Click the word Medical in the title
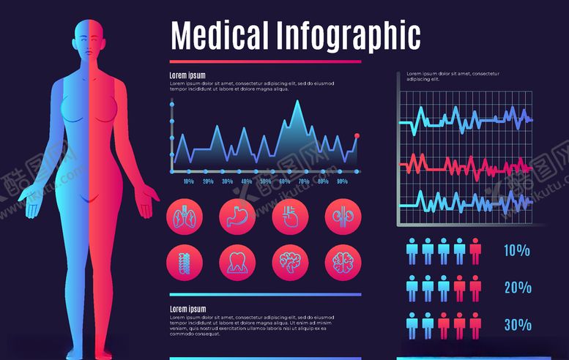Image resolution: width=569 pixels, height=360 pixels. (x=220, y=34)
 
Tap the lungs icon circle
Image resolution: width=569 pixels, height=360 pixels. (x=185, y=217)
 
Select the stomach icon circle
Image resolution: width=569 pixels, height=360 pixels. (x=237, y=217)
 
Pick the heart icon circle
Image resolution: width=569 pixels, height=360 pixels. (x=290, y=217)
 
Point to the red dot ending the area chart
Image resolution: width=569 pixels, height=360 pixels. (x=357, y=135)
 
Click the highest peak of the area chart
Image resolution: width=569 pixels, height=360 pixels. (x=297, y=102)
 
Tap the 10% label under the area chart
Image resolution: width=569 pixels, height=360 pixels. (x=188, y=181)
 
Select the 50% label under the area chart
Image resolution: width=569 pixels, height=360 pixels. (x=265, y=181)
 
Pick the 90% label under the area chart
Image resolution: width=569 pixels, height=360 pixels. (x=342, y=181)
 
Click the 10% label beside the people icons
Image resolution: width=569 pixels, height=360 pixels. (x=517, y=251)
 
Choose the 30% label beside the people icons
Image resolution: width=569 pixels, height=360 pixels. (x=517, y=324)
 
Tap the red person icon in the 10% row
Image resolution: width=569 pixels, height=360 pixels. (x=475, y=251)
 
